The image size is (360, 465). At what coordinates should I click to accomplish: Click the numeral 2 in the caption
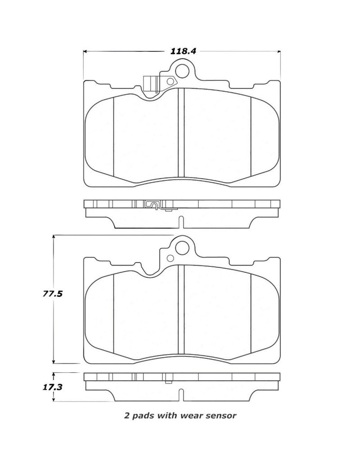(126, 416)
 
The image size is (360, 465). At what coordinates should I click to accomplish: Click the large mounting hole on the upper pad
(182, 71)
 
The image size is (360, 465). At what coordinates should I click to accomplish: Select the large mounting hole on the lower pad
(182, 247)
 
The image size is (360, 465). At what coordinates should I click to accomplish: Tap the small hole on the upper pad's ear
(170, 81)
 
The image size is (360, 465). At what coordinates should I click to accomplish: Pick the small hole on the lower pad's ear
(170, 258)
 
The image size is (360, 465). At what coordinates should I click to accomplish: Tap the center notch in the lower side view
(181, 395)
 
